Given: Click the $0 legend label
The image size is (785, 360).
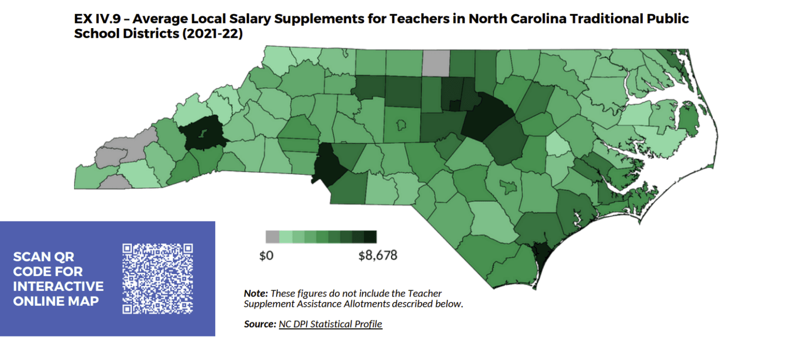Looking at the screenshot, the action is (x=266, y=255).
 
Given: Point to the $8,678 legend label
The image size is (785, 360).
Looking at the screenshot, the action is (x=378, y=255).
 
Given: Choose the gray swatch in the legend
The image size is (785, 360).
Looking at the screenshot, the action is (x=272, y=237).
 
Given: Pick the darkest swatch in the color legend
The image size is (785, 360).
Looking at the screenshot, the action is (x=371, y=237).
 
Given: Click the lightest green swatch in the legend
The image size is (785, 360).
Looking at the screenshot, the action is (x=285, y=237).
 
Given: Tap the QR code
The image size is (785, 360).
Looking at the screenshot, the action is (x=158, y=278).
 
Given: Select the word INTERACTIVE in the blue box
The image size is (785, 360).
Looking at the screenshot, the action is (x=58, y=286).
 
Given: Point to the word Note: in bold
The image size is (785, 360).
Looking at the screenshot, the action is (x=256, y=294).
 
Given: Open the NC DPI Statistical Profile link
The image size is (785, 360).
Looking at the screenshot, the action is (x=330, y=324).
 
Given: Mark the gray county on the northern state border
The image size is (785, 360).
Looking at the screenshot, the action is (x=436, y=63).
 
